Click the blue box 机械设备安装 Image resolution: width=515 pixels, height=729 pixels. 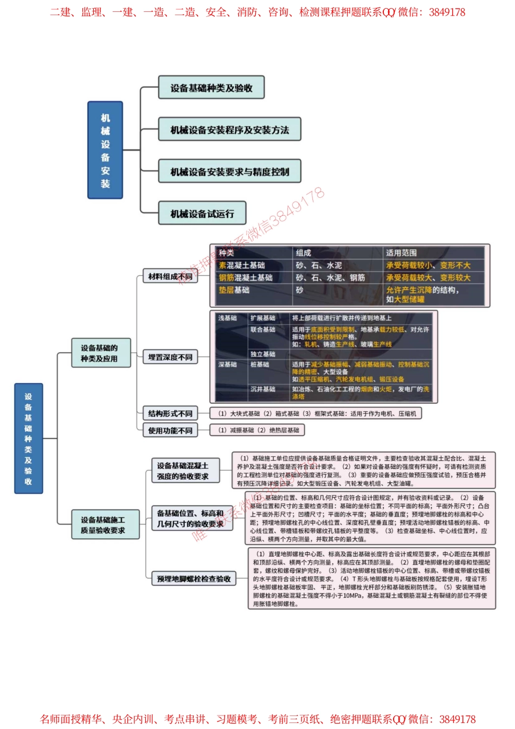point(105,150)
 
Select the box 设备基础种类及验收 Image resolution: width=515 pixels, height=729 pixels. point(211,88)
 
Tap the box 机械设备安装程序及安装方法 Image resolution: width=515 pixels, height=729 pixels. point(229,130)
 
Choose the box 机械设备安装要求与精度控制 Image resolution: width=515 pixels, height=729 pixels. point(229,171)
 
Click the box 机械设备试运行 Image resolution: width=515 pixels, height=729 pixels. point(202,214)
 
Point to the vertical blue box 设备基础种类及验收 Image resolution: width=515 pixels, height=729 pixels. point(28,438)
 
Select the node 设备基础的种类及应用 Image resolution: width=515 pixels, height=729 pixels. point(101,353)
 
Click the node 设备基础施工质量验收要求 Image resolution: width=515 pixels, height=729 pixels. point(105,525)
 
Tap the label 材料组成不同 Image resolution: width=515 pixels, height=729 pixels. point(170,276)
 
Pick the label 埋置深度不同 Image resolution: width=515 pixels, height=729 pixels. point(170,357)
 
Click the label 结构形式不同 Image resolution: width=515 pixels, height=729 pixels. point(170,414)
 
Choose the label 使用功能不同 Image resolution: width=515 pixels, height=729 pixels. point(170,430)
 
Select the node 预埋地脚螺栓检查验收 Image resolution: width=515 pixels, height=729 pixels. point(194,578)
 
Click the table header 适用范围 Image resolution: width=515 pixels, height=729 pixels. point(401,253)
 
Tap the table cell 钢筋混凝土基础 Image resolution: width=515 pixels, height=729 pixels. point(246,278)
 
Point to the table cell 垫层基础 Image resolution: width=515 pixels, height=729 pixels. point(234,290)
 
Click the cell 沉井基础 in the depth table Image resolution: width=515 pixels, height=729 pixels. point(263,389)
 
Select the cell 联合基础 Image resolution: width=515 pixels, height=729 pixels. point(263,330)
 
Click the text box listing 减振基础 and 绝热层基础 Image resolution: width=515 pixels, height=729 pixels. point(257,430)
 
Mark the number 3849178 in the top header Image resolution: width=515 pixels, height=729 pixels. point(447,12)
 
